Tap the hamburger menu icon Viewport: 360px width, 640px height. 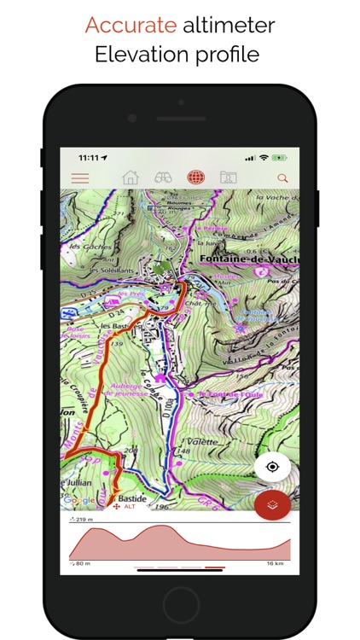point(80,178)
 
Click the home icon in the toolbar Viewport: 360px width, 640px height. point(130,178)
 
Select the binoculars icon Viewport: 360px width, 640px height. point(163,178)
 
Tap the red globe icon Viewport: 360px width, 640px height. point(196,178)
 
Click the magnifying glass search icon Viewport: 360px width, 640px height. point(282,178)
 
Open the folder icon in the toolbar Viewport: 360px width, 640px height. point(228,178)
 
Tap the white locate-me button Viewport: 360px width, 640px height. point(272,467)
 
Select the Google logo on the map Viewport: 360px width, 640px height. point(78,500)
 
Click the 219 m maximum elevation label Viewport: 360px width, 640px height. point(84,519)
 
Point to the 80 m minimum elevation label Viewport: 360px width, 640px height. point(81,563)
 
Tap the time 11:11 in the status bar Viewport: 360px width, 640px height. point(88,157)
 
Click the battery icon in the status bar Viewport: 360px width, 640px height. point(281,157)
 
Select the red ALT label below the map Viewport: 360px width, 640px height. point(130,506)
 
